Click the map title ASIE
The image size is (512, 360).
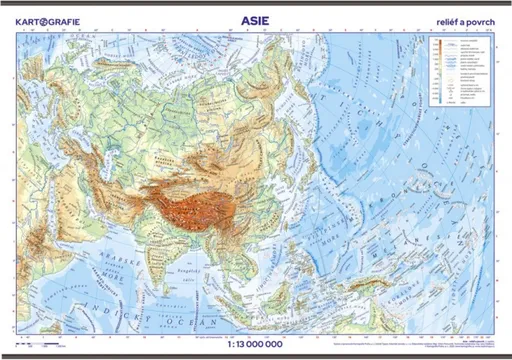coord(256,17)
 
